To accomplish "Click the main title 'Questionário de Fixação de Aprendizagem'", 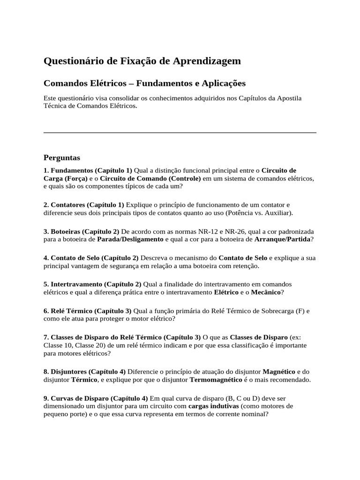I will [142, 61].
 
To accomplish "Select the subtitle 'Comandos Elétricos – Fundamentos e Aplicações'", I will [144, 83].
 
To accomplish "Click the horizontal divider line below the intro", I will [180, 133].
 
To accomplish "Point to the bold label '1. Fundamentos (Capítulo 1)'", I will [88, 170].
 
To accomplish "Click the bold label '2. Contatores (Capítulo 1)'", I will [84, 205].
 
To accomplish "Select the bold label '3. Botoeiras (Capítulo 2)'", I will [82, 232].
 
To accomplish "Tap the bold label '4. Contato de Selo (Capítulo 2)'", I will [91, 258].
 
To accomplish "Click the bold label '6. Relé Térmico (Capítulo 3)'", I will [88, 311].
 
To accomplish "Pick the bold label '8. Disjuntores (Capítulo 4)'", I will [84, 371].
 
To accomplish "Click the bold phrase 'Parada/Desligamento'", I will [130, 239].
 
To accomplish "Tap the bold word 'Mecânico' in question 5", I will [266, 292].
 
